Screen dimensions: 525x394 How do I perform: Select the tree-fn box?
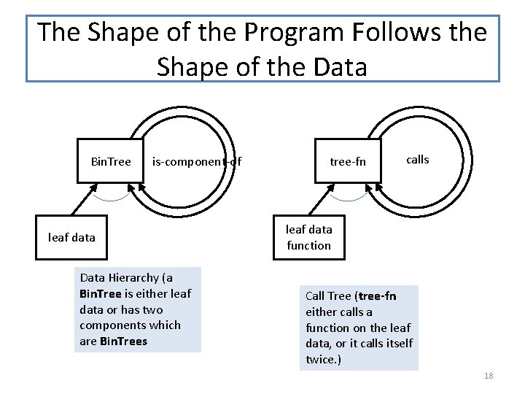[x=348, y=161]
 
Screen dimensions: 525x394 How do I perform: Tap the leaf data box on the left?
[x=71, y=237]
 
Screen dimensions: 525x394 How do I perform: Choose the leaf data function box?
[x=308, y=238]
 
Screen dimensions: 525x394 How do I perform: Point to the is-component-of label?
[x=196, y=161]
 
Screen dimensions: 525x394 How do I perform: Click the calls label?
[x=417, y=159]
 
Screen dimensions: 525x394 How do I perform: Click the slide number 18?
[x=489, y=375]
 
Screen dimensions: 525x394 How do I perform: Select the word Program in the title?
[x=292, y=32]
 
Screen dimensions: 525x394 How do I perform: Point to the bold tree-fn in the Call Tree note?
[x=378, y=295]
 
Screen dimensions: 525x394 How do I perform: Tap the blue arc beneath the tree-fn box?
[x=349, y=198]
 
